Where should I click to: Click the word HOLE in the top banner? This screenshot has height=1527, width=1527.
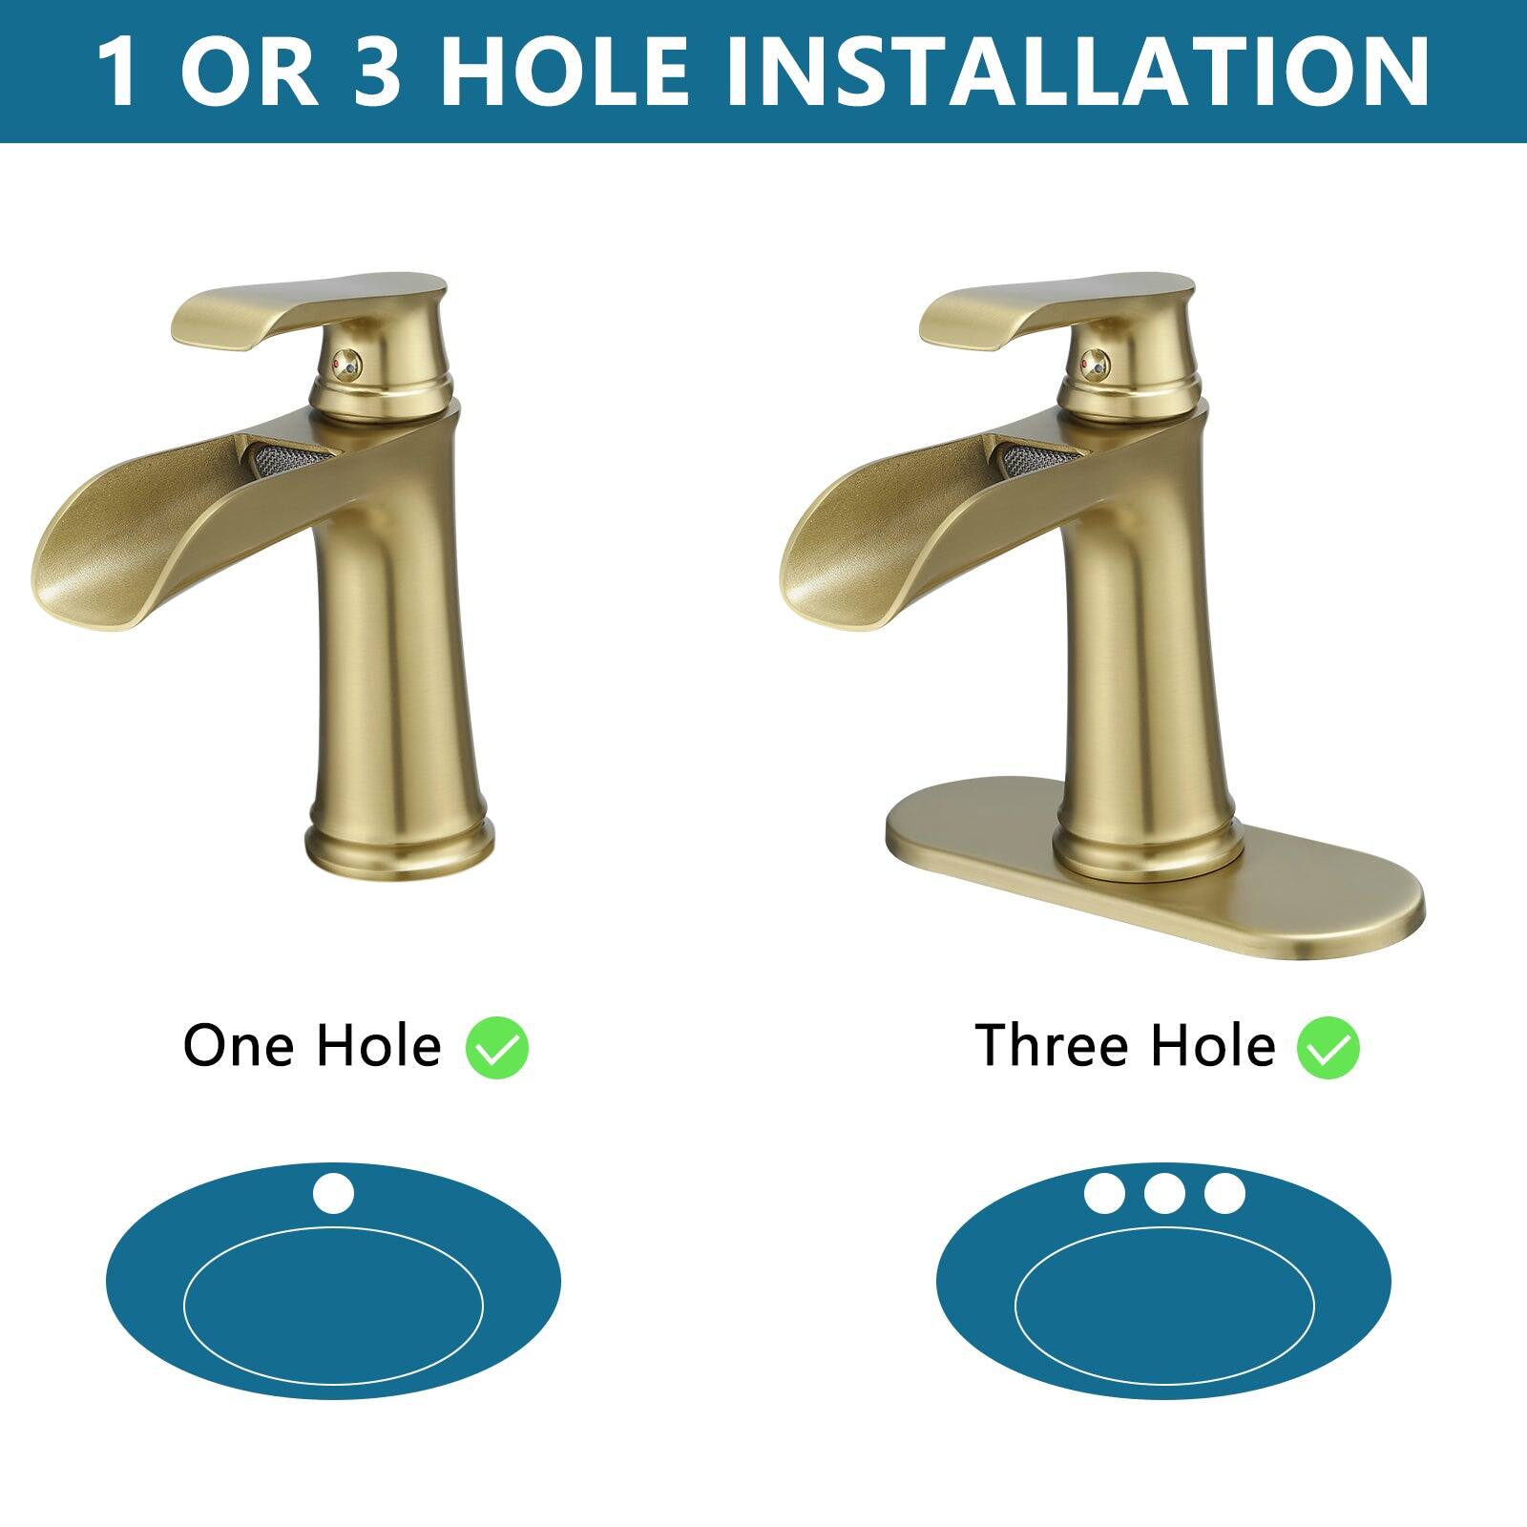click(x=563, y=72)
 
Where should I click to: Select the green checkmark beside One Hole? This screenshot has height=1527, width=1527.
click(x=496, y=1048)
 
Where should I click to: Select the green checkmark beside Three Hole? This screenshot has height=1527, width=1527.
click(x=1328, y=1048)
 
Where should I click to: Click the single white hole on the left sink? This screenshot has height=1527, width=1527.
click(x=333, y=1194)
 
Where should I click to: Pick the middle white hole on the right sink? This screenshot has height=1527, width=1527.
click(x=1164, y=1193)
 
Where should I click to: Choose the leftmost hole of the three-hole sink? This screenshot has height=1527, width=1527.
click(x=1104, y=1193)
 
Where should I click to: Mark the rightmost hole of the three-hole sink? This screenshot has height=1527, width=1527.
click(x=1224, y=1193)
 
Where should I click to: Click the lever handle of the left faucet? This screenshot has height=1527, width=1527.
click(x=305, y=310)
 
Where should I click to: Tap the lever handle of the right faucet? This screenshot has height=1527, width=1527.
click(x=1055, y=310)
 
